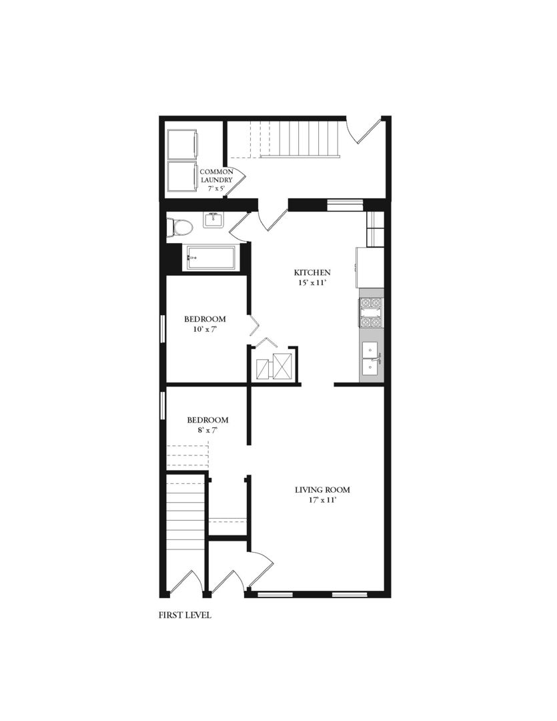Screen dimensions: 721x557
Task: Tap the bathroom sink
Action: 213,220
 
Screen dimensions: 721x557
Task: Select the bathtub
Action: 210,258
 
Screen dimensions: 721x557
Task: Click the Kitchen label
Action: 313,272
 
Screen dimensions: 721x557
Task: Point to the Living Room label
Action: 322,490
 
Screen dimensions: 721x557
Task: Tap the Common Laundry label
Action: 216,176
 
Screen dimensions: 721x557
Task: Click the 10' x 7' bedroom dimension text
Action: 204,329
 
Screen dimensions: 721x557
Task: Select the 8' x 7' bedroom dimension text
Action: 207,431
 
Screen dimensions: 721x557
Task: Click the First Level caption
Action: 185,615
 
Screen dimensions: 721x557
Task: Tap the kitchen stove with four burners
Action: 372,312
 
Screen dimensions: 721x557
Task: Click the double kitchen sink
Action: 370,358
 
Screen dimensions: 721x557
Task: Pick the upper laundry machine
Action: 181,144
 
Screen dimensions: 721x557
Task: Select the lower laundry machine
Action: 181,176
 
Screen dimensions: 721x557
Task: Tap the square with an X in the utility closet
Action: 282,366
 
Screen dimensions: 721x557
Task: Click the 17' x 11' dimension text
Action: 322,500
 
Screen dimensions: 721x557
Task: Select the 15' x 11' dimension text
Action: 313,282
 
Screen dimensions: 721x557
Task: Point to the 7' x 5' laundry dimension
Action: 216,190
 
